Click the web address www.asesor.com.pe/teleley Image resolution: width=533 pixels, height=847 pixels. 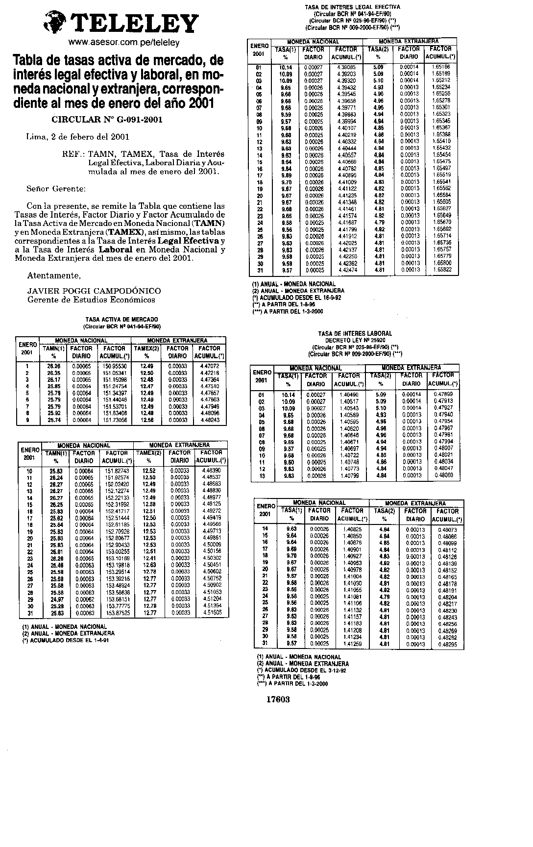124,43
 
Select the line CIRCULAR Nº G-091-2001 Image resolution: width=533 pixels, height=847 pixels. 107,120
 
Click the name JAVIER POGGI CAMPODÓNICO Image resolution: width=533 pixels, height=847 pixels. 94,291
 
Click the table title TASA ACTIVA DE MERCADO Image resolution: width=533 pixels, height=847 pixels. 122,319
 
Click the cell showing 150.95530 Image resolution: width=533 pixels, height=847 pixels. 115,366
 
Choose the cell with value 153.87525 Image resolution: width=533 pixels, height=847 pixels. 116,613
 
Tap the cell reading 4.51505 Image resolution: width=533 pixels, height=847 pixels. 212,613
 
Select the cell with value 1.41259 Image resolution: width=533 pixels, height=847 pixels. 352,644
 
